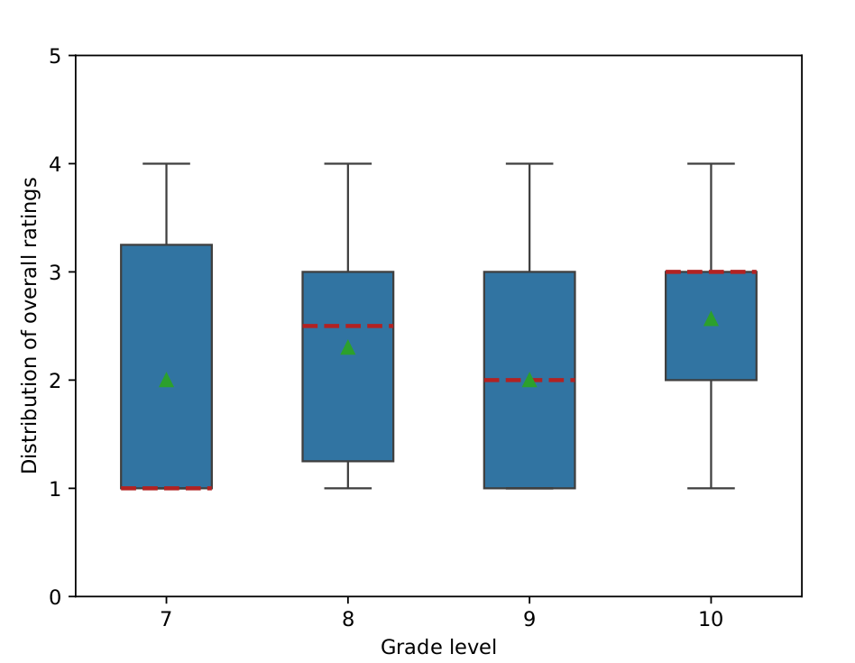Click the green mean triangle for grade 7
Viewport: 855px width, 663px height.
pyautogui.click(x=166, y=380)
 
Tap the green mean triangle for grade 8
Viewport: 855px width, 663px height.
pyautogui.click(x=348, y=347)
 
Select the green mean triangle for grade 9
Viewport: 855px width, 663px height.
pyautogui.click(x=529, y=380)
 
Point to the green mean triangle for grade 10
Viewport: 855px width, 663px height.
pyautogui.click(x=711, y=318)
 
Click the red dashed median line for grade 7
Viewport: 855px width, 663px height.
pyautogui.click(x=166, y=488)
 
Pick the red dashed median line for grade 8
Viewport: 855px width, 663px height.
pyautogui.click(x=348, y=326)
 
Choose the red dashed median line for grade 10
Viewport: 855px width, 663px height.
pyautogui.click(x=711, y=272)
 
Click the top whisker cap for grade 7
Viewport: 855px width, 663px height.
pyautogui.click(x=166, y=163)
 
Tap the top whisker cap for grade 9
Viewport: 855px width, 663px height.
pyautogui.click(x=529, y=163)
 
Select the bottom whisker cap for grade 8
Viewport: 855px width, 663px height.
pyautogui.click(x=348, y=488)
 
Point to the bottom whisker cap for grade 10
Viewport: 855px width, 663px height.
pyautogui.click(x=711, y=488)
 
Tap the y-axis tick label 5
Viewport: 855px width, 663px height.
pyautogui.click(x=56, y=56)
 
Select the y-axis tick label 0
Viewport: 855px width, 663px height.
pyautogui.click(x=56, y=596)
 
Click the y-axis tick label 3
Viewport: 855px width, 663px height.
pyautogui.click(x=56, y=272)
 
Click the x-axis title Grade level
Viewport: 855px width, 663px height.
pyautogui.click(x=438, y=647)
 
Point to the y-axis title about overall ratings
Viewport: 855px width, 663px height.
pyautogui.click(x=31, y=326)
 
